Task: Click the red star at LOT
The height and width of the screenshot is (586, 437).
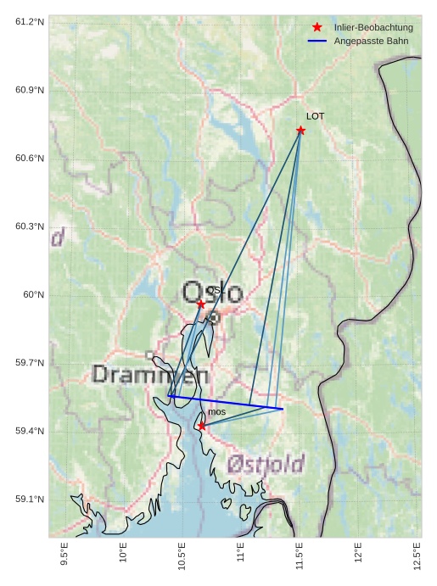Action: pos(300,130)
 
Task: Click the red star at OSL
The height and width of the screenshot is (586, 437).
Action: pos(201,304)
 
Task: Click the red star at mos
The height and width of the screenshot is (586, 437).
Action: pos(201,426)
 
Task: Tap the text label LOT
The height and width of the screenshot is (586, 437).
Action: pos(315,116)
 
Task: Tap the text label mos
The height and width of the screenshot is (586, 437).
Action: pos(216,412)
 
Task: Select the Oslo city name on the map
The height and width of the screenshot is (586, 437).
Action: pos(212,293)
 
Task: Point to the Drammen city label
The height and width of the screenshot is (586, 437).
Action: pos(150,374)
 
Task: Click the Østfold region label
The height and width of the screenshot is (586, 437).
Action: pos(266,464)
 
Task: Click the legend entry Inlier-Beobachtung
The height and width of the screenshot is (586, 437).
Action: pos(373,27)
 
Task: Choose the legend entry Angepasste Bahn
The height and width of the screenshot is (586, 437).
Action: pos(371,41)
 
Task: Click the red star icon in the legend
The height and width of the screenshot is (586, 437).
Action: pos(317,27)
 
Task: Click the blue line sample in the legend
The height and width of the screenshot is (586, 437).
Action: pos(317,41)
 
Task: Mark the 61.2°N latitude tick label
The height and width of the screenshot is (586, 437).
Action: pos(30,21)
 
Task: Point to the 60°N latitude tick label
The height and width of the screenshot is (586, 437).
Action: pos(34,294)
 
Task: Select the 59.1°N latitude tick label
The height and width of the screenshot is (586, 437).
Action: pos(30,499)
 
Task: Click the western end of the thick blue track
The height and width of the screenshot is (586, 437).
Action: pos(169,395)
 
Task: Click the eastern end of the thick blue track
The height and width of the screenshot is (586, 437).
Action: pos(283,409)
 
